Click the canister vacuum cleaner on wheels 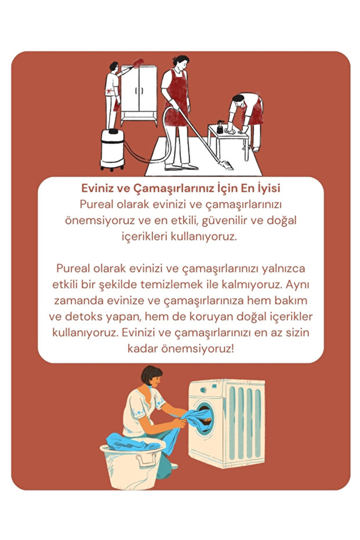point(112,148)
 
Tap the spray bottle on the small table point(220,127)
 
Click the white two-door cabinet point(139,93)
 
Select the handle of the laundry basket point(147,461)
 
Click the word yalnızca point(278,270)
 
